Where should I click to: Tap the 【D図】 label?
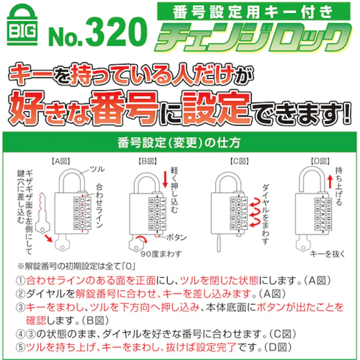point(320,162)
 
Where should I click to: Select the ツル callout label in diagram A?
point(96,169)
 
